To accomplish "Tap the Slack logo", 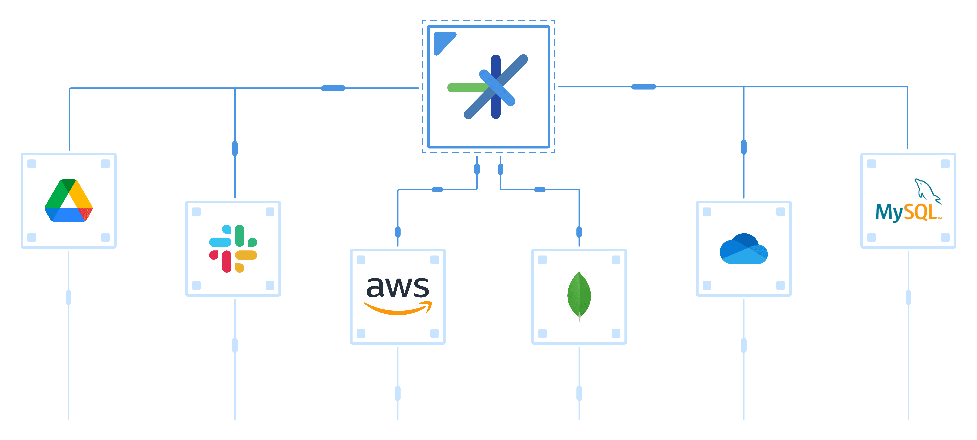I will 233,248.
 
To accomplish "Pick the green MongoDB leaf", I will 579,295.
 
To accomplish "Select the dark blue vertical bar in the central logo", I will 496,68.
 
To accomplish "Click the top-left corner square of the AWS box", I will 361,260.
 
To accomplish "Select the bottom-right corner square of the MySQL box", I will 945,237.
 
